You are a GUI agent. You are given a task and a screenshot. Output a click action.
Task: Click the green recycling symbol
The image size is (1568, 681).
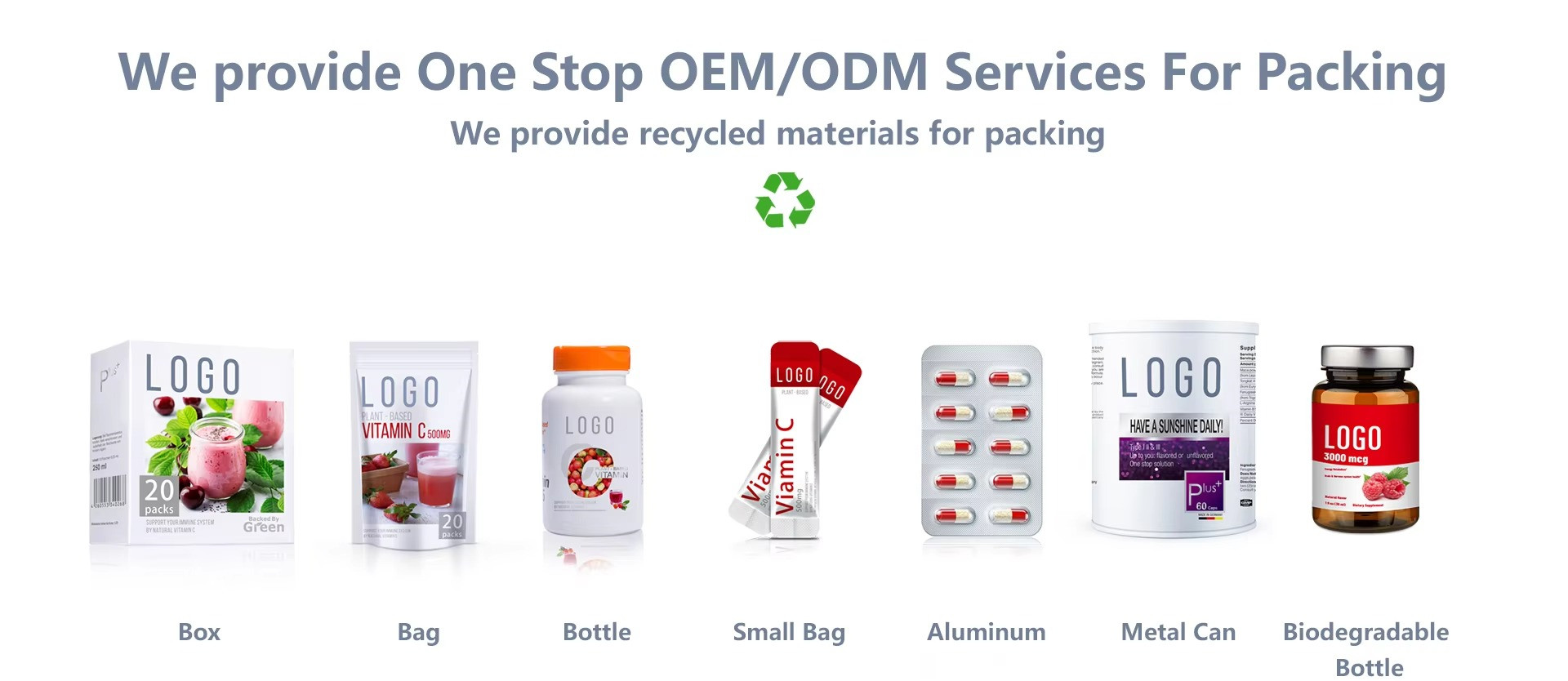(785, 199)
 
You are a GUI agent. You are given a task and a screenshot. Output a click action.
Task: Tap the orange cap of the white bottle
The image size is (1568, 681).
(592, 358)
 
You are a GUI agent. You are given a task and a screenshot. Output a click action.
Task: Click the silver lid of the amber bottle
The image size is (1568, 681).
(1367, 358)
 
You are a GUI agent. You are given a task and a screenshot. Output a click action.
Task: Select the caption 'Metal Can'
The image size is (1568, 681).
(1178, 632)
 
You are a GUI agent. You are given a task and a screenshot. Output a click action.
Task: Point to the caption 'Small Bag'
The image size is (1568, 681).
(789, 632)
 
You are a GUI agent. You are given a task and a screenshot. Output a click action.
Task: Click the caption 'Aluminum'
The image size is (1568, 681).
(986, 632)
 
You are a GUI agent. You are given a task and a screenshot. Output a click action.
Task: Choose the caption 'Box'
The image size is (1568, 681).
(199, 632)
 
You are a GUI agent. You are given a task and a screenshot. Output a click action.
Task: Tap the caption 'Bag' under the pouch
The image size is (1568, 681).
(418, 632)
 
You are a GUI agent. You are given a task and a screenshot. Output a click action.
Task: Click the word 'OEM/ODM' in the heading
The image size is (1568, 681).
(793, 72)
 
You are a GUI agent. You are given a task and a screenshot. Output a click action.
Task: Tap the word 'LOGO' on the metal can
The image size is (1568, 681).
(1171, 377)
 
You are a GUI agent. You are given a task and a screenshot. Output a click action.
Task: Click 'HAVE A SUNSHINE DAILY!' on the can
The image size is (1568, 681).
(1176, 426)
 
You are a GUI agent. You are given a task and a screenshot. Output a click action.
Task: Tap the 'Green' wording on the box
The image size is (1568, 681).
(264, 527)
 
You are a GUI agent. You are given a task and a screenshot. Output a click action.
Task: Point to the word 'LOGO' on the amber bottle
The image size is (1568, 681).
(1352, 438)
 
